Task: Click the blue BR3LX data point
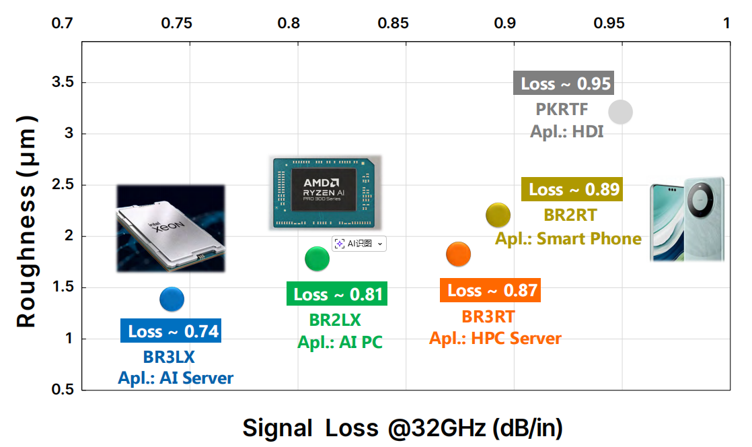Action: pyautogui.click(x=172, y=299)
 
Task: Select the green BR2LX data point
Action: pyautogui.click(x=317, y=259)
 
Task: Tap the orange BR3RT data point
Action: pyautogui.click(x=458, y=254)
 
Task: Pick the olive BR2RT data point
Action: pyautogui.click(x=498, y=215)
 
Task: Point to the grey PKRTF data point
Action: pyautogui.click(x=620, y=112)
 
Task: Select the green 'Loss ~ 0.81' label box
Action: pyautogui.click(x=338, y=294)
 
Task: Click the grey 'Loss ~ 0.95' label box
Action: pyautogui.click(x=566, y=83)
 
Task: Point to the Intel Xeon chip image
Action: pyautogui.click(x=171, y=228)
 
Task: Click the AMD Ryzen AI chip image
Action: pyautogui.click(x=326, y=192)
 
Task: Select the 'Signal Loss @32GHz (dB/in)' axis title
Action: pyautogui.click(x=403, y=427)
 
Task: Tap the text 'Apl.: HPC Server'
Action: pyautogui.click(x=495, y=338)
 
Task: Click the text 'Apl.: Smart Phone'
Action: pyautogui.click(x=568, y=238)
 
